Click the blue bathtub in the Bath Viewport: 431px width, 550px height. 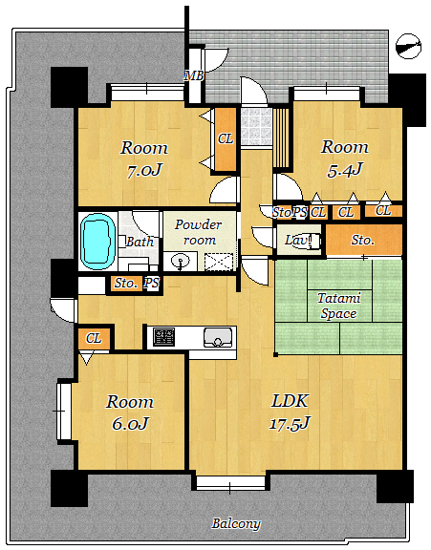pyautogui.click(x=97, y=242)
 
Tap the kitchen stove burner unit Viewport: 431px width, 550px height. pyautogui.click(x=164, y=337)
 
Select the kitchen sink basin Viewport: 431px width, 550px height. pyautogui.click(x=218, y=337)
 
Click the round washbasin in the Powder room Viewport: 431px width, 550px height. pyautogui.click(x=180, y=262)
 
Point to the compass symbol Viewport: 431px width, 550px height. pyautogui.click(x=408, y=46)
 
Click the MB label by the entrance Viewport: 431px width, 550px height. pyautogui.click(x=194, y=75)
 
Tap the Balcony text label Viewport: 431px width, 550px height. pyautogui.click(x=236, y=523)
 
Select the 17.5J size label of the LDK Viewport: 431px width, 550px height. pyautogui.click(x=290, y=424)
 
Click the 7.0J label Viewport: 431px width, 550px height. pyautogui.click(x=144, y=171)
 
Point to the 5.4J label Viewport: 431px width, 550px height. pyautogui.click(x=344, y=170)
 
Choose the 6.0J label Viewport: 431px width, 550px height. pyautogui.click(x=130, y=424)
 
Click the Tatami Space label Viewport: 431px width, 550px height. pyautogui.click(x=338, y=306)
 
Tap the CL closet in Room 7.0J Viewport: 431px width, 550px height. pyautogui.click(x=226, y=139)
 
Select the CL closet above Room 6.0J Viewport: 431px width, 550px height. pyautogui.click(x=94, y=338)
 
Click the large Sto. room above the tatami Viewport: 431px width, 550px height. pyautogui.click(x=364, y=241)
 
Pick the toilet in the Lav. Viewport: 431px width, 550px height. pyautogui.click(x=308, y=241)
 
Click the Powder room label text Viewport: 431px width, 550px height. pyautogui.click(x=199, y=232)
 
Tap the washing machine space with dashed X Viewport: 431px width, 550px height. pyautogui.click(x=219, y=262)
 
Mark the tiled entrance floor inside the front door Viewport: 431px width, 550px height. pyautogui.click(x=256, y=127)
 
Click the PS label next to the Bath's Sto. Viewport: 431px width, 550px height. pyautogui.click(x=152, y=283)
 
